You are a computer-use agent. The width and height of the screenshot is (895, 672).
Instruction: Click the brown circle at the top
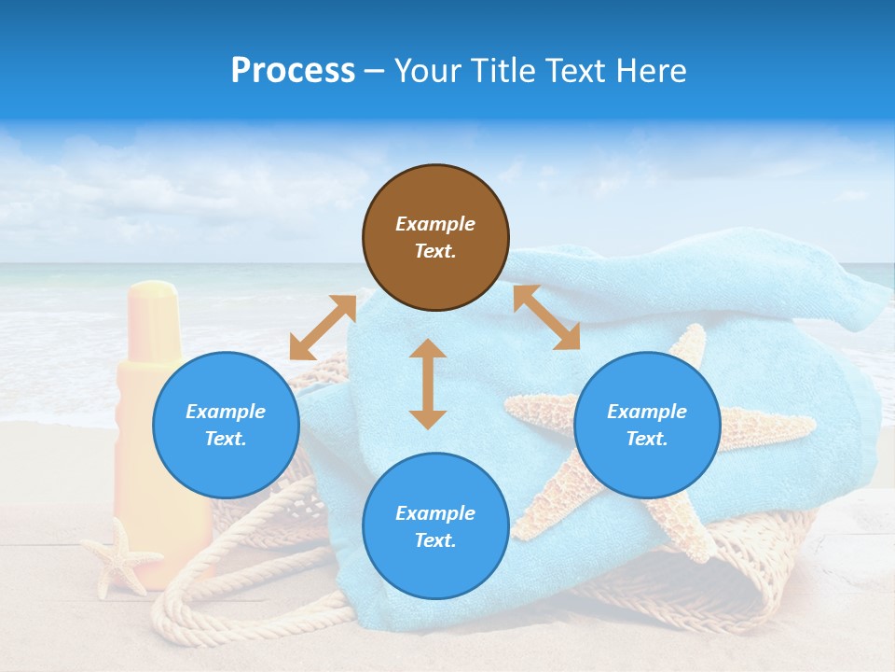435,238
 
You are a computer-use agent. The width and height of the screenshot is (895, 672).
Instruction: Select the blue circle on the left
226,425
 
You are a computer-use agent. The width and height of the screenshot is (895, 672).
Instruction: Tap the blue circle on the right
647,425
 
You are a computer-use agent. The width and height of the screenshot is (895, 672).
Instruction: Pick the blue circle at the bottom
435,526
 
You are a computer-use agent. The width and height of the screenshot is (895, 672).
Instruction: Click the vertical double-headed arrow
428,384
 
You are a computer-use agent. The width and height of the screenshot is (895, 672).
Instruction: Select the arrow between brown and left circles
323,328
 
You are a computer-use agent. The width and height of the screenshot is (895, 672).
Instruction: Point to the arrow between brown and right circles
546,317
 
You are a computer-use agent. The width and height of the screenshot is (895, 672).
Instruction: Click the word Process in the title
293,71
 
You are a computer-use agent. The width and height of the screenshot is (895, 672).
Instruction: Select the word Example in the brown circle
435,224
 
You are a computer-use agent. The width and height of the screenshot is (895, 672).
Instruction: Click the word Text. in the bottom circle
435,540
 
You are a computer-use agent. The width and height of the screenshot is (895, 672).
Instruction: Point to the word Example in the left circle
226,412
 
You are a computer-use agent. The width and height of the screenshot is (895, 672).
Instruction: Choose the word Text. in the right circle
647,439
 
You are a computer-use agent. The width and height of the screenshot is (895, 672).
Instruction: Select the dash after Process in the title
375,71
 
